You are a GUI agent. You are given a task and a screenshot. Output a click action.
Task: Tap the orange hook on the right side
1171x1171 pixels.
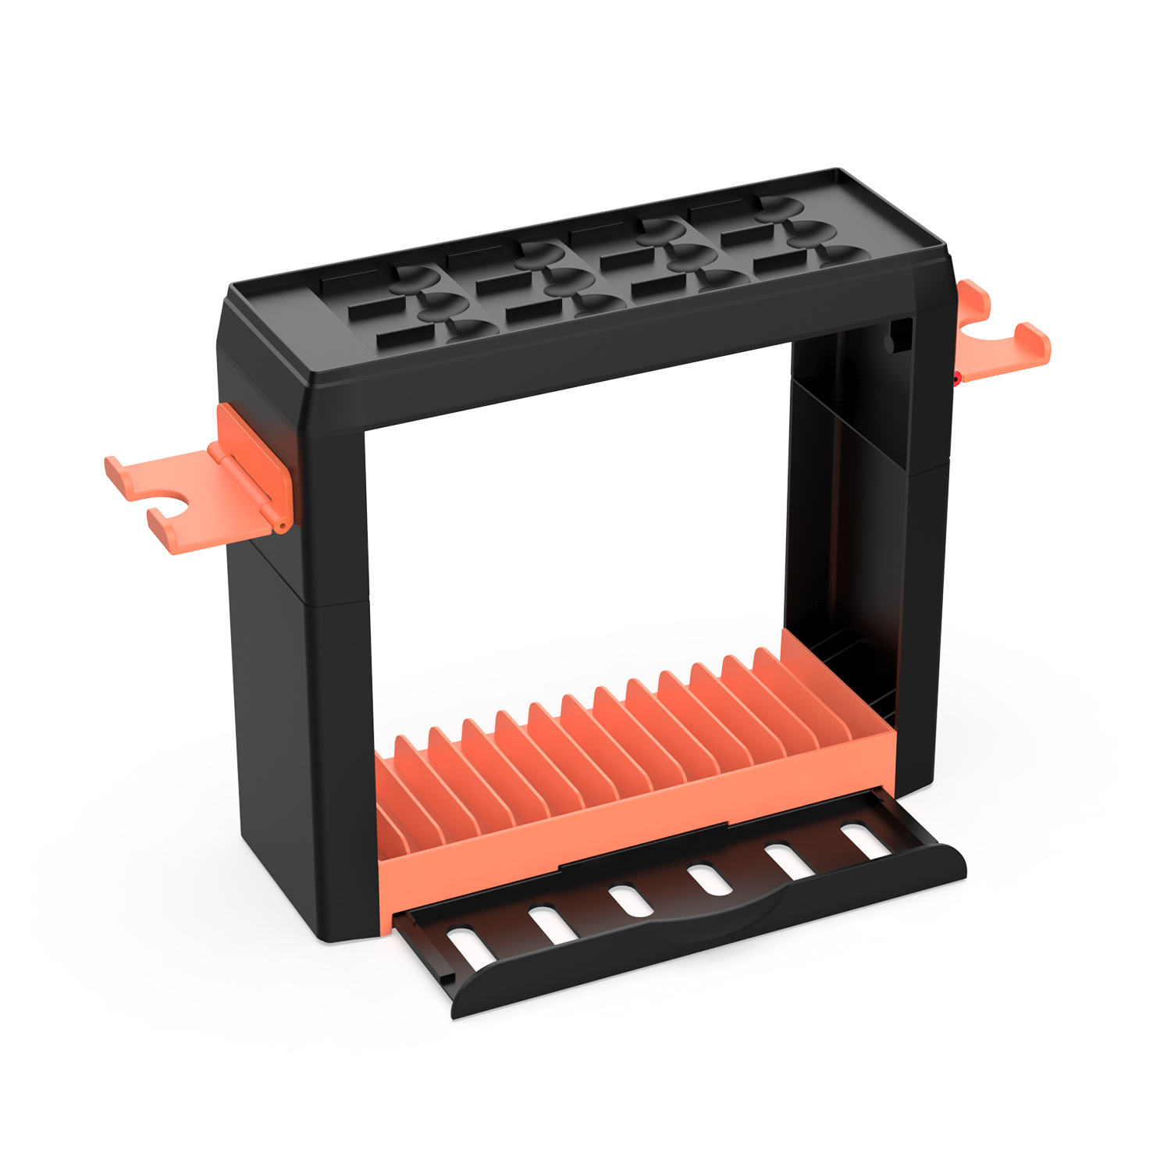click(1007, 343)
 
